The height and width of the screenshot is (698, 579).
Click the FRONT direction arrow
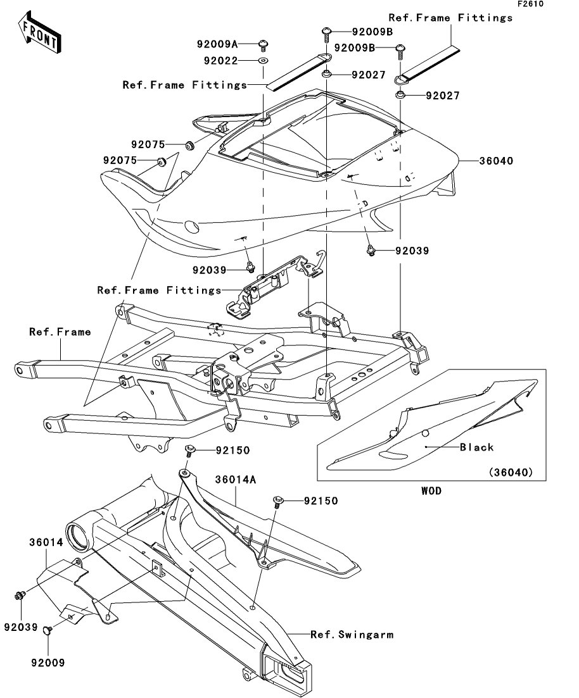pos(39,33)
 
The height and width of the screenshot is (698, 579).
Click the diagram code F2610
pos(530,4)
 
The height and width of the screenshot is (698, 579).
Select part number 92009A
pos(217,44)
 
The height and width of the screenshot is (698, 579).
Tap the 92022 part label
pos(220,61)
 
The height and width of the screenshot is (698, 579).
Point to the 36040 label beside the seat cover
pos(496,161)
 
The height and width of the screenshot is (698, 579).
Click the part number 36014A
pos(236,480)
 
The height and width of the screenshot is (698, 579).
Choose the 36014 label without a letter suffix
pos(46,542)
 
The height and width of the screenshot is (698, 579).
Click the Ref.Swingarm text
pos(352,634)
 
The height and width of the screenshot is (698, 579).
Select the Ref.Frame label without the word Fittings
pos(60,332)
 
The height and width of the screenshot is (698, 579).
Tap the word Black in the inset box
pos(476,447)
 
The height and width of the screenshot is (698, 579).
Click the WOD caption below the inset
pos(431,490)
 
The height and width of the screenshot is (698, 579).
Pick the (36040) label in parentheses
pos(511,472)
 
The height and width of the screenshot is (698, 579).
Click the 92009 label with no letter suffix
pos(48,663)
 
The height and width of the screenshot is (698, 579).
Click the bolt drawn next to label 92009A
pos(264,46)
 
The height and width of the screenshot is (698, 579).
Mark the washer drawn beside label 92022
pos(264,60)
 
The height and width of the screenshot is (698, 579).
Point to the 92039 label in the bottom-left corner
pos(21,627)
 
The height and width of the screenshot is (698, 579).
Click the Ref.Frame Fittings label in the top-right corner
pos(450,18)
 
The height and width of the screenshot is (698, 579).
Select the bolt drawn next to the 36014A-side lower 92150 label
pos(278,501)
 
